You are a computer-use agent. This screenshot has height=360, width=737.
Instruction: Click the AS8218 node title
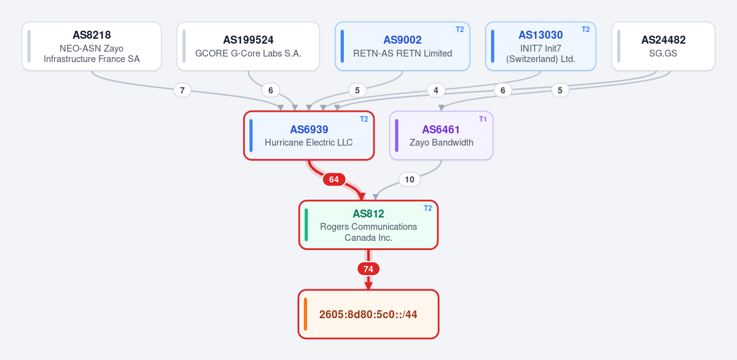(x=92, y=35)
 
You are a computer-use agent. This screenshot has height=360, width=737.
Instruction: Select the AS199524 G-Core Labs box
(x=248, y=46)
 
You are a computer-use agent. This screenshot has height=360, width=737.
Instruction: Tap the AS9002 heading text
(x=402, y=40)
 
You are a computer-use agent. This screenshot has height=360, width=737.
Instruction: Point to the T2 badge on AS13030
(x=586, y=29)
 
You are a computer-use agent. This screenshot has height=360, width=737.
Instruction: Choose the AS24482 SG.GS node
(x=663, y=46)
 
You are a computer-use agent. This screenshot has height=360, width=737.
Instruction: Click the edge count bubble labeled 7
(x=182, y=90)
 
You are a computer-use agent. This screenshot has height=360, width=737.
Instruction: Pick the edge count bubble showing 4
(x=436, y=90)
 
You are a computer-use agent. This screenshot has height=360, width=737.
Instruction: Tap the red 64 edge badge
(x=334, y=179)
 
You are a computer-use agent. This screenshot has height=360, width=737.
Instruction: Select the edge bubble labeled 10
(x=409, y=179)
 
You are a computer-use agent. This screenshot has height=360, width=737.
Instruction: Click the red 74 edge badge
(x=368, y=269)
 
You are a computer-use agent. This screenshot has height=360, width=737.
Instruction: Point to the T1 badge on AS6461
(x=483, y=119)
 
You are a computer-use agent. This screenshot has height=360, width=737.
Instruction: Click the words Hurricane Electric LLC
(x=308, y=143)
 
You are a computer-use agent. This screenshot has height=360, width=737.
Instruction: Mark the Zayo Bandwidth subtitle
(x=441, y=143)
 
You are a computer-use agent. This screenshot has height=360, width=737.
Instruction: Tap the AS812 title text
(x=368, y=214)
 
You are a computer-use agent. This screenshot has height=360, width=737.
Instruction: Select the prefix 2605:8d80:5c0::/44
(x=368, y=315)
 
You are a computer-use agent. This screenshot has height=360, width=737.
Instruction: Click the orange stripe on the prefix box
(x=306, y=314)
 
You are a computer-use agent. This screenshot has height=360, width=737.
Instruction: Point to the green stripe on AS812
(x=306, y=225)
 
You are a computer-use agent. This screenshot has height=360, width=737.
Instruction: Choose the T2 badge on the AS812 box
(x=427, y=208)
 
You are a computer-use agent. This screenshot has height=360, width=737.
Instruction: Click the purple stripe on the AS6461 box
(x=397, y=136)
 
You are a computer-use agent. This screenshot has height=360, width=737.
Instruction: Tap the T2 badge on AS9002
(x=459, y=29)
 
